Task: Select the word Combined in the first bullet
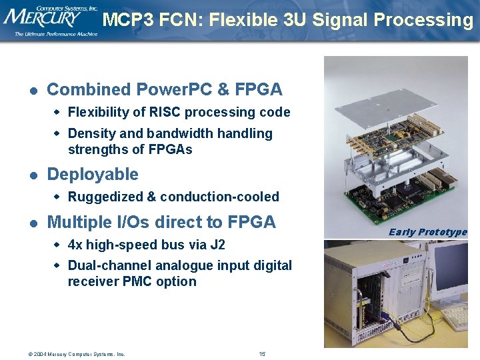(x=89, y=89)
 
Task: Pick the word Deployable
(x=93, y=175)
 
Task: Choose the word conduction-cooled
(x=219, y=197)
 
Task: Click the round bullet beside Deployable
(x=32, y=175)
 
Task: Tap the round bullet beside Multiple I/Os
(x=32, y=223)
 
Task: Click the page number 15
(x=262, y=353)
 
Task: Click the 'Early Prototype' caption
(x=428, y=232)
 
